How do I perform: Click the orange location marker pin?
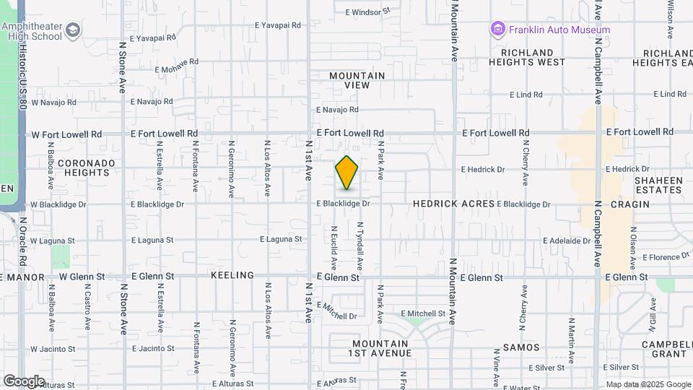point(346,173)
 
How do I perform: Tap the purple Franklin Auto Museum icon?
point(497,30)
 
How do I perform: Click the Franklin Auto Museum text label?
point(559,30)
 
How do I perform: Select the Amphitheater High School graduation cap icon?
point(73,30)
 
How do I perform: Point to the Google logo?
point(24,381)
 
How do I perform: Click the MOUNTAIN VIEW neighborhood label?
point(357,80)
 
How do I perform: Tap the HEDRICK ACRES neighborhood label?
point(454,204)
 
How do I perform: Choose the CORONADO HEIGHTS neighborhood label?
point(86,168)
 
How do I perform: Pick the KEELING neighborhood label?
point(232,276)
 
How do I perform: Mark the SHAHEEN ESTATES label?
point(658,185)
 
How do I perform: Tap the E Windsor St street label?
point(367,12)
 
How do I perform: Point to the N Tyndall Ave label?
point(359,246)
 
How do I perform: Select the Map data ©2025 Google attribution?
point(648,384)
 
